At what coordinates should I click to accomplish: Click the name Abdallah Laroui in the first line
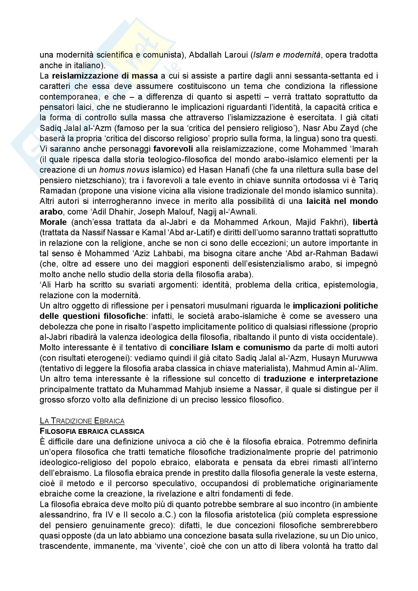[219, 55]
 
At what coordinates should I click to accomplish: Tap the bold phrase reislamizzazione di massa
[105, 76]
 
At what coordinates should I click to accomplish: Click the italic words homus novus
[124, 170]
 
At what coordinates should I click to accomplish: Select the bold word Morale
[53, 222]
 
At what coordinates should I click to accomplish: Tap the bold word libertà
[365, 222]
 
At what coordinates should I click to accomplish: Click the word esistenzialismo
[283, 264]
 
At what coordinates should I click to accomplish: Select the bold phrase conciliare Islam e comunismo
[230, 347]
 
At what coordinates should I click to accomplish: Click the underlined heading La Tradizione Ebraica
[82, 421]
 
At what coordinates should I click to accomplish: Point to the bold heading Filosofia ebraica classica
[92, 431]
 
